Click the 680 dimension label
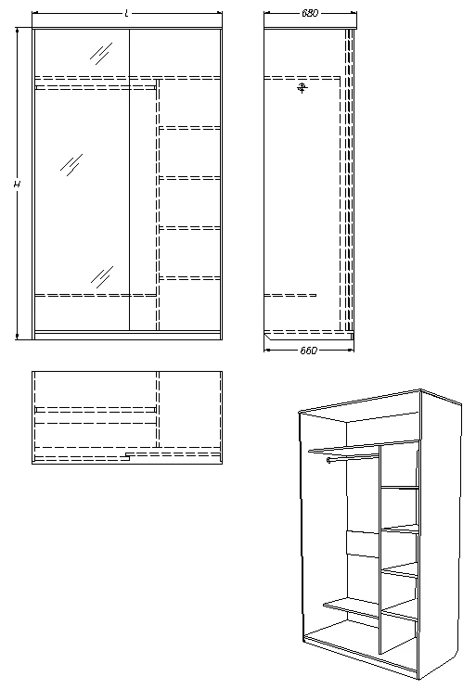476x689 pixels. (310, 13)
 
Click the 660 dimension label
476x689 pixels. (309, 351)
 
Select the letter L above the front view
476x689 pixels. (126, 13)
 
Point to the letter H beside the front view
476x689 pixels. (17, 185)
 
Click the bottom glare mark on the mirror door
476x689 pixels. (101, 275)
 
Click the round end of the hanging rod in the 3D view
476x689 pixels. (328, 460)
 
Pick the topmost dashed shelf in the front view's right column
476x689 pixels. (190, 127)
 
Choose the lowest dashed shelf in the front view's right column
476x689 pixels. (190, 277)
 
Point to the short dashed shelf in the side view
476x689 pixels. (289, 297)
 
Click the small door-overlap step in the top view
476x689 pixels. (125, 456)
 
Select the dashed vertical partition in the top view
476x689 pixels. (159, 408)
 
